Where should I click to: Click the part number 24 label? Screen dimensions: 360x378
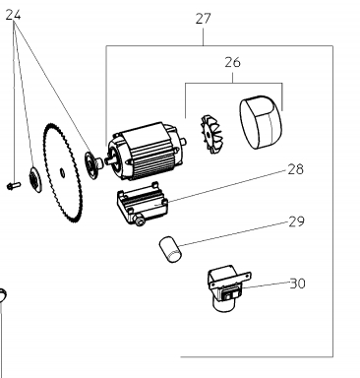[14, 15]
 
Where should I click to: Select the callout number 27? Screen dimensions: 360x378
[204, 19]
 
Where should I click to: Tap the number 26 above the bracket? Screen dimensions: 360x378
[232, 62]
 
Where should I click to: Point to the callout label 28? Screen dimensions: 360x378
[295, 169]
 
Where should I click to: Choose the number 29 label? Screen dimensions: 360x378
[296, 221]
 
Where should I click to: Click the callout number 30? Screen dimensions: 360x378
[298, 283]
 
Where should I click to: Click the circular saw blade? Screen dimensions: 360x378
[62, 172]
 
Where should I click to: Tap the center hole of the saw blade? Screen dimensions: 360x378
[62, 171]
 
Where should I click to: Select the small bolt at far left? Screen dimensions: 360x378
[14, 186]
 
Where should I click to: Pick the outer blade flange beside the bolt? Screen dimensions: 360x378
[34, 179]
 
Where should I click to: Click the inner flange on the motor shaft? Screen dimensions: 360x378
[92, 163]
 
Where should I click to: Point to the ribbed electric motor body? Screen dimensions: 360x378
[147, 152]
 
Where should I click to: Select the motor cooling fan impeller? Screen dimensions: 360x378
[210, 134]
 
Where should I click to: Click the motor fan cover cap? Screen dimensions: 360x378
[261, 122]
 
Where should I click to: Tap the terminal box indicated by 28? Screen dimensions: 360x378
[142, 204]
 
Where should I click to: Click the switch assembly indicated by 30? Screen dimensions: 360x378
[228, 287]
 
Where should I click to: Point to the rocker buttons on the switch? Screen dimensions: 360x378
[229, 295]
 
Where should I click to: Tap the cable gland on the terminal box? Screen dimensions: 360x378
[140, 221]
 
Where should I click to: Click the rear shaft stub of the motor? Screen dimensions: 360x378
[184, 142]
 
